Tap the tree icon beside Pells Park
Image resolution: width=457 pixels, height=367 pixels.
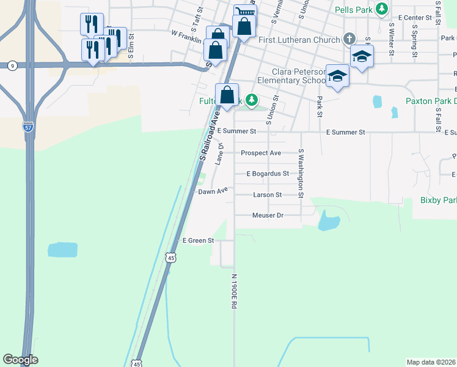coord(382,9)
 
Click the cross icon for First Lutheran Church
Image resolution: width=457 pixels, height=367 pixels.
coord(349,39)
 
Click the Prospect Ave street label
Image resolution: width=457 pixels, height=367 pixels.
coord(261,153)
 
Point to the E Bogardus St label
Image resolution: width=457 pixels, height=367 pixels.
coord(268,174)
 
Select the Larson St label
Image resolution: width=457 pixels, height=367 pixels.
coord(267,195)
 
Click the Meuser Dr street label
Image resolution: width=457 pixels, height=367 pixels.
coord(268,215)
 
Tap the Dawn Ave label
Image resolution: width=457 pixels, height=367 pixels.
coord(213,191)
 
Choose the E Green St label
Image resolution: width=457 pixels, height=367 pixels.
coord(198,240)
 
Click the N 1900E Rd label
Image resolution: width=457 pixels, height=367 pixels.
coord(234,291)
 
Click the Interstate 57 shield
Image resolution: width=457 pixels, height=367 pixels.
coord(28,127)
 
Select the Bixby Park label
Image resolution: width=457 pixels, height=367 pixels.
coord(438,200)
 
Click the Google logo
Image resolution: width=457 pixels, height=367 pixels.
coord(20,360)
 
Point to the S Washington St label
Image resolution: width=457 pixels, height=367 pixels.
coord(301,174)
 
